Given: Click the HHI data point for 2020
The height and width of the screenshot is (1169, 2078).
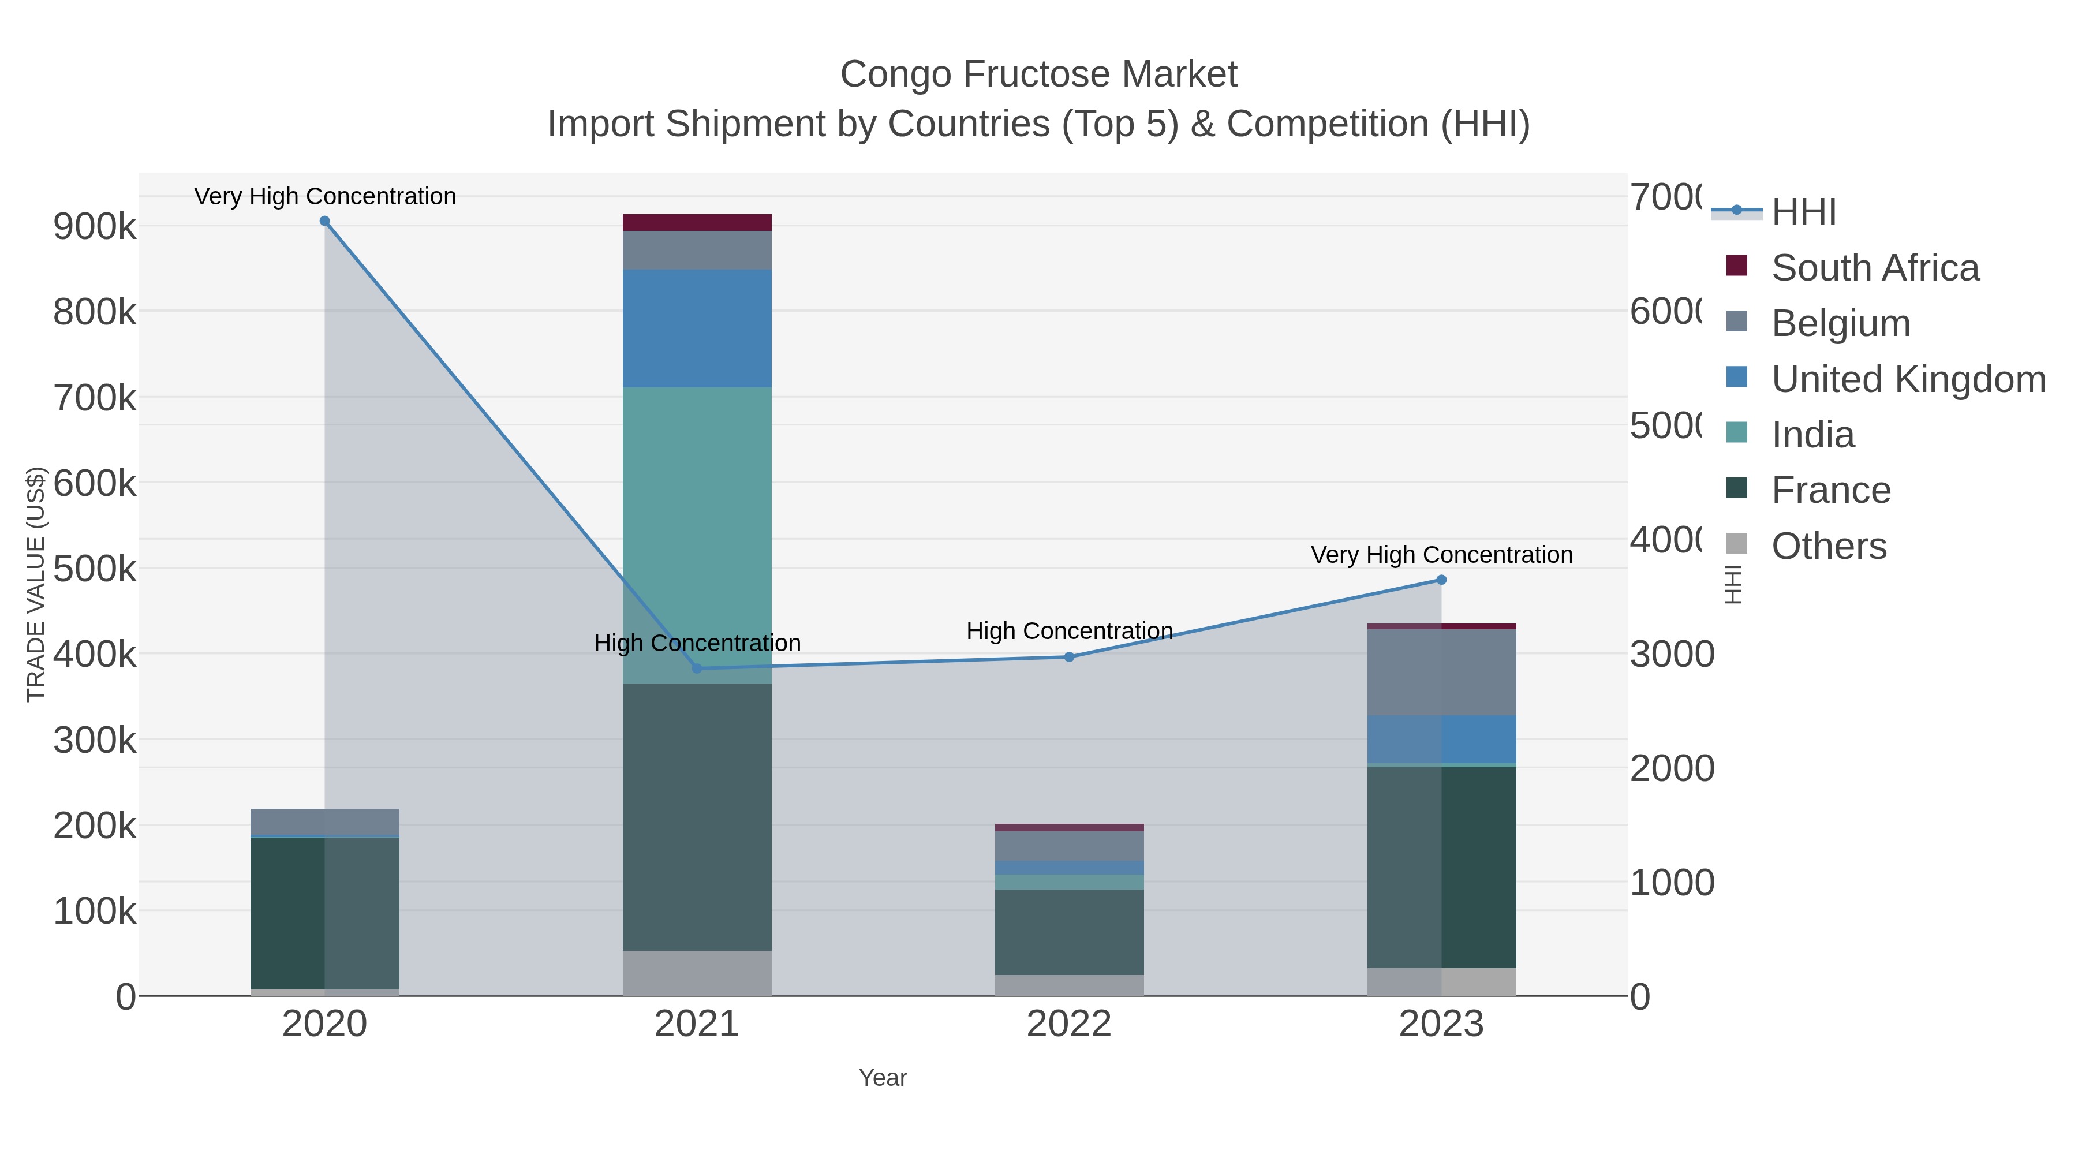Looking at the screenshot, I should pyautogui.click(x=324, y=221).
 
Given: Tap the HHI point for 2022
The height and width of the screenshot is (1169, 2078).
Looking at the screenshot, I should pyautogui.click(x=1069, y=658).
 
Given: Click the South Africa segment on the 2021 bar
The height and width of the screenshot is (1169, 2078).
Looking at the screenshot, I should pyautogui.click(x=697, y=223).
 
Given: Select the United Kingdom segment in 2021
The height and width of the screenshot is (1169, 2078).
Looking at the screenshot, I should pyautogui.click(x=697, y=328).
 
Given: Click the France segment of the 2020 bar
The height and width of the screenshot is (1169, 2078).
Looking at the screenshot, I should pyautogui.click(x=287, y=912).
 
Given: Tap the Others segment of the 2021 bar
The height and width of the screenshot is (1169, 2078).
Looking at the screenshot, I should pyautogui.click(x=697, y=973).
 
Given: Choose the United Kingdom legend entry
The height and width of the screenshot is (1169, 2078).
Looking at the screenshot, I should pyautogui.click(x=1908, y=379).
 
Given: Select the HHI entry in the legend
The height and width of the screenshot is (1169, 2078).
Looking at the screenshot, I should pyautogui.click(x=1804, y=212).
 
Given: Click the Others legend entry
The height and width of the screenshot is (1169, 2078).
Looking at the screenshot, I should pyautogui.click(x=1828, y=546).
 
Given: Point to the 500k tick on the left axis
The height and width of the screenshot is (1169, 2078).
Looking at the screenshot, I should pyautogui.click(x=95, y=569).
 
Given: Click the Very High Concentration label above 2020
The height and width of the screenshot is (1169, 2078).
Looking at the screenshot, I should pyautogui.click(x=325, y=196).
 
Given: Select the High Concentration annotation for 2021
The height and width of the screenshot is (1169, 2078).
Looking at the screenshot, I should pyautogui.click(x=697, y=643).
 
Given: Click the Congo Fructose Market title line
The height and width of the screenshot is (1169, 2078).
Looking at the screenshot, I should pyautogui.click(x=1038, y=74).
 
